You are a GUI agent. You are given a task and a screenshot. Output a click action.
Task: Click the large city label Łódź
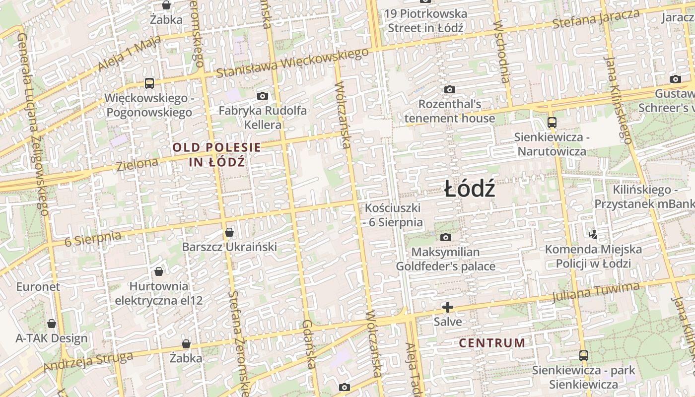tap(469, 189)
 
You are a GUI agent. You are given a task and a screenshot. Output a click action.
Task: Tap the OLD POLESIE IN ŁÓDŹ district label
tap(217, 154)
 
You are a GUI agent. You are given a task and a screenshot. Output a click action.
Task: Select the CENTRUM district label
tap(492, 343)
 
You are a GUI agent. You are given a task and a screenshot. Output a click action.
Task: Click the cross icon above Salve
tap(448, 307)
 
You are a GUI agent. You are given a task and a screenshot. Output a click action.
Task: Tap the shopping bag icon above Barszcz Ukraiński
tap(229, 232)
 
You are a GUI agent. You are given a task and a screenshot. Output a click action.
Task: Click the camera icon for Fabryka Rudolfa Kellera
tap(263, 96)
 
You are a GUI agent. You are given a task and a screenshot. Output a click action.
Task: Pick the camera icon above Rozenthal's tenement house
tap(450, 89)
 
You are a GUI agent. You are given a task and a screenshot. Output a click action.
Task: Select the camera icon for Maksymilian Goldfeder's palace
tap(446, 237)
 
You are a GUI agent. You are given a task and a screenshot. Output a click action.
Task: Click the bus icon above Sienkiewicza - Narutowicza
tap(552, 122)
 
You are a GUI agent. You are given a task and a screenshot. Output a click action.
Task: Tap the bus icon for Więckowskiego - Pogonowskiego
tap(149, 83)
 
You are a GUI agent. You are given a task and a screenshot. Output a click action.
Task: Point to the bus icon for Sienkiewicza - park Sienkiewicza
tap(584, 355)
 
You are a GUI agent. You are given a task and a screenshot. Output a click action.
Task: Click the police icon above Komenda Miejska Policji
tap(592, 234)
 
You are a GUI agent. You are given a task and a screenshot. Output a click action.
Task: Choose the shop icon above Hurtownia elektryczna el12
tap(159, 271)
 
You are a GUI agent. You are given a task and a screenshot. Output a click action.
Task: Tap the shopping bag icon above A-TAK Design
tap(52, 324)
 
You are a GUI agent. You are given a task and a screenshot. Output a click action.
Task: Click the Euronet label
tap(38, 286)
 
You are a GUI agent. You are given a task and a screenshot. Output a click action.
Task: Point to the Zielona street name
tap(138, 164)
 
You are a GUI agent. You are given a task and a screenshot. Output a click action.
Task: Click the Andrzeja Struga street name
tap(88, 361)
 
